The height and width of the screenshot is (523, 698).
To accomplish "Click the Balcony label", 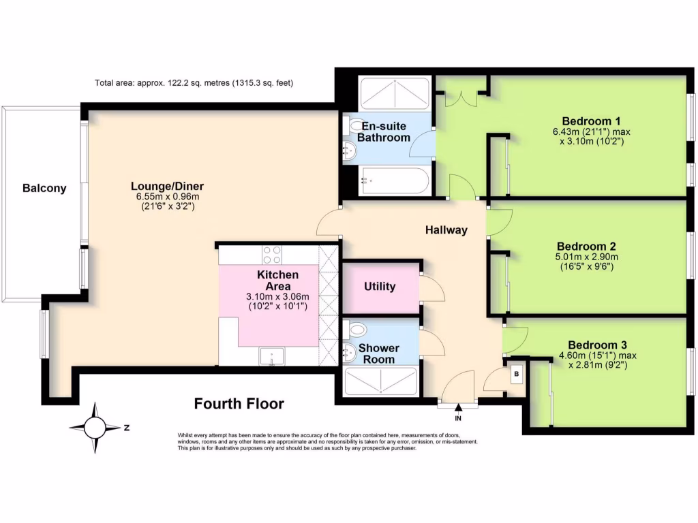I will point(44,189).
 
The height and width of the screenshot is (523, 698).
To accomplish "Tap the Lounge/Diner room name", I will point(168,186).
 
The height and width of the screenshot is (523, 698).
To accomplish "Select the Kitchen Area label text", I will point(277,280).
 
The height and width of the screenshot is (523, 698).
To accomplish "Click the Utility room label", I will point(380,286).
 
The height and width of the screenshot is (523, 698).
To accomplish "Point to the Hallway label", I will point(447,230).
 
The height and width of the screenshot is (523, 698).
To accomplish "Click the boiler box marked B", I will point(516,374).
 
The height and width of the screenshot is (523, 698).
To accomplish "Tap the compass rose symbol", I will point(95,428).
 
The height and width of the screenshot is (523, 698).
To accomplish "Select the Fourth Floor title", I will point(239,403).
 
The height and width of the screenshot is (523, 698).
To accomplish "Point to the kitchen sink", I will point(272,355).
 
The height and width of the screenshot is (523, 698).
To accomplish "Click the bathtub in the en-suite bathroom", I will point(395,181).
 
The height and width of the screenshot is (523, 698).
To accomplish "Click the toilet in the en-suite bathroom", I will point(354,127).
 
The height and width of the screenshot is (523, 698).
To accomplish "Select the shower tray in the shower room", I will point(381,381).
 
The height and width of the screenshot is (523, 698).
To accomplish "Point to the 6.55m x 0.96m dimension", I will point(167,197).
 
